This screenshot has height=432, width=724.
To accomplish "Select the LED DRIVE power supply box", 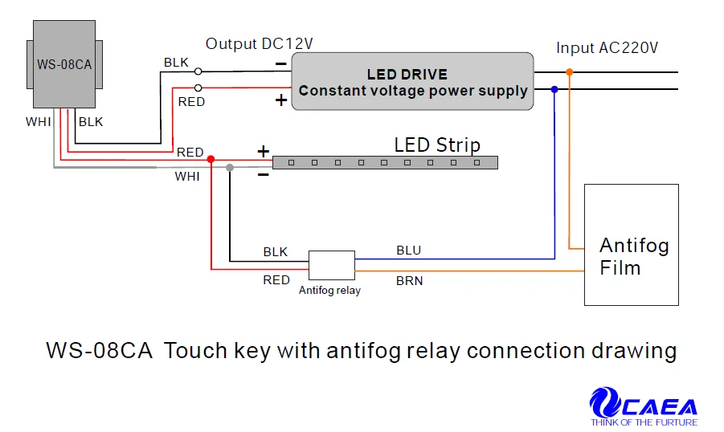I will (413, 82).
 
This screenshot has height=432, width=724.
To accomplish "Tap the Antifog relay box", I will (332, 265).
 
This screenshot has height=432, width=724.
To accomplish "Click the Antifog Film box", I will (631, 244).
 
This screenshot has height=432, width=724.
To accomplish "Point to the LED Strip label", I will (437, 145).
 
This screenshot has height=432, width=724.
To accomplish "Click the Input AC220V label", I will (607, 48).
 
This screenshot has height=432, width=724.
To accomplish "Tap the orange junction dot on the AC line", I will (570, 72).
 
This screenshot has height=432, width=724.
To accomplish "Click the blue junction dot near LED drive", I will (554, 89).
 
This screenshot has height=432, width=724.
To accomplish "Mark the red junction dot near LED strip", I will (211, 159).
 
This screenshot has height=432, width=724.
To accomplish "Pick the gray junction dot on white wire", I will (230, 167).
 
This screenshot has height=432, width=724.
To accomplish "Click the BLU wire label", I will (408, 251).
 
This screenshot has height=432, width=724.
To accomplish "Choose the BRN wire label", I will (409, 281).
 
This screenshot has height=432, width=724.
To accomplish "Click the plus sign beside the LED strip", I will (263, 151).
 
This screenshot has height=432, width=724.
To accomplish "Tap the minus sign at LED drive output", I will (280, 64).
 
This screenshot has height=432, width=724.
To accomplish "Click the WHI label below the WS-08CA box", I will (38, 122).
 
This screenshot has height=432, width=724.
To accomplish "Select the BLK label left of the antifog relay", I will (276, 251).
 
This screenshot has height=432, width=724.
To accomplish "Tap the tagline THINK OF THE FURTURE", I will (644, 422).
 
